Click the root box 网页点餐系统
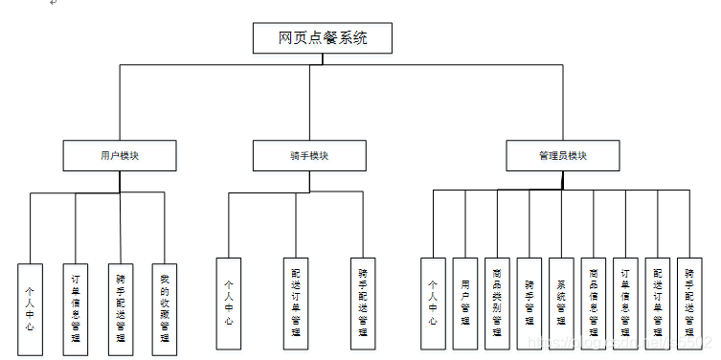[323, 38]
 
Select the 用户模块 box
[120, 155]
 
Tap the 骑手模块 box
[308, 155]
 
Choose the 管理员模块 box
[562, 155]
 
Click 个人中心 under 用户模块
[31, 305]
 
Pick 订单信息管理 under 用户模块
[76, 305]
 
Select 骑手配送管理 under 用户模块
[121, 305]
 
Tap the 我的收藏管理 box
[165, 305]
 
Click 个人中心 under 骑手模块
[228, 304]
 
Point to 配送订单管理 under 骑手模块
[296, 304]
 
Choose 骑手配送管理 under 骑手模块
[362, 304]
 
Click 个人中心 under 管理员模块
[433, 304]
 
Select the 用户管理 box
[465, 304]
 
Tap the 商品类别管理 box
[497, 304]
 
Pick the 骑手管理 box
[529, 304]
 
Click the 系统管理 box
[561, 304]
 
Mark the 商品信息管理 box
[594, 304]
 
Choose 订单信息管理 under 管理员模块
[625, 304]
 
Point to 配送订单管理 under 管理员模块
[657, 304]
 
